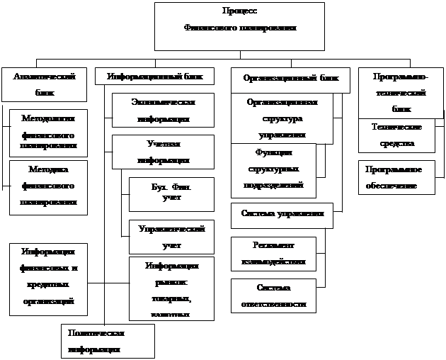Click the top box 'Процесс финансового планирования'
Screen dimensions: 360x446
240,26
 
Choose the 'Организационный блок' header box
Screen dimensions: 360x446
290,79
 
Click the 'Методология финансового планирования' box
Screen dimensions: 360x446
49,133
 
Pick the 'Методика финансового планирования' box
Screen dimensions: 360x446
49,186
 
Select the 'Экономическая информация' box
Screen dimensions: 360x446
163,111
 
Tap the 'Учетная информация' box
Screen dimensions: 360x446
163,152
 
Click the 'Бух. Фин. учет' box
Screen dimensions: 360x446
171,193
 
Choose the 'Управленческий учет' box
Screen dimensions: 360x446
171,237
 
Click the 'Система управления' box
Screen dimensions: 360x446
282,215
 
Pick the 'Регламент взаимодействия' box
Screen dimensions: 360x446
273,254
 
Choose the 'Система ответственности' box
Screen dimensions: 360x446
273,296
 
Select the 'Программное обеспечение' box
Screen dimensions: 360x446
396,178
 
